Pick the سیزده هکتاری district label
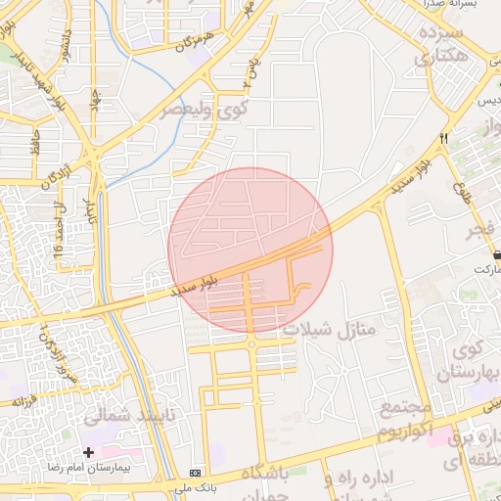click(452, 46)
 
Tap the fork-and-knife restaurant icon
click(444, 139)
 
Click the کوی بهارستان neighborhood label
click(474, 361)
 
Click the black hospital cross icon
click(89, 452)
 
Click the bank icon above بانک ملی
click(196, 472)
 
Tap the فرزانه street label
click(23, 400)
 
